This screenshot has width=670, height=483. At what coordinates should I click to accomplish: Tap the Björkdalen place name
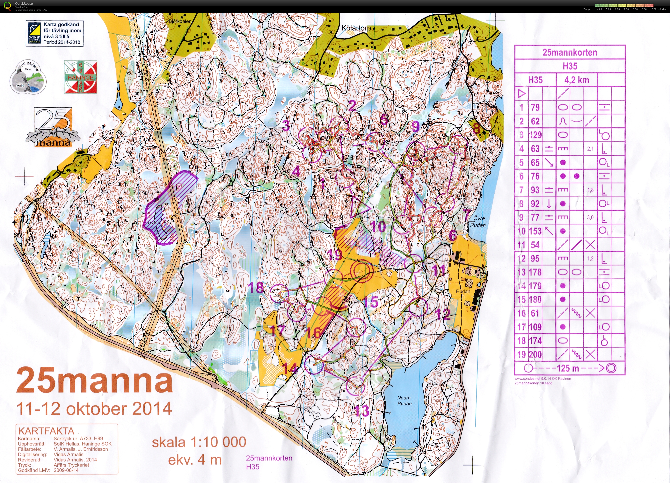(x=180, y=21)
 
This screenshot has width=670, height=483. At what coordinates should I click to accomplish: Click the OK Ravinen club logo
(x=28, y=78)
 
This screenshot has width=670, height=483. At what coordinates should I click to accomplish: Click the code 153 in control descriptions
(x=535, y=231)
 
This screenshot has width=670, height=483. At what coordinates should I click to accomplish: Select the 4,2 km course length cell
(x=576, y=80)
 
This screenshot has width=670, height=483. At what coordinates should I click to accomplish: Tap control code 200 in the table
(x=535, y=355)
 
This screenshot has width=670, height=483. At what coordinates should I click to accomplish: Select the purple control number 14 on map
(x=290, y=368)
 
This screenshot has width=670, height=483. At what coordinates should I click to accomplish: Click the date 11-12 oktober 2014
(x=94, y=409)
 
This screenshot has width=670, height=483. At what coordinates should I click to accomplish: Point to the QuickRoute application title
(x=24, y=4)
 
